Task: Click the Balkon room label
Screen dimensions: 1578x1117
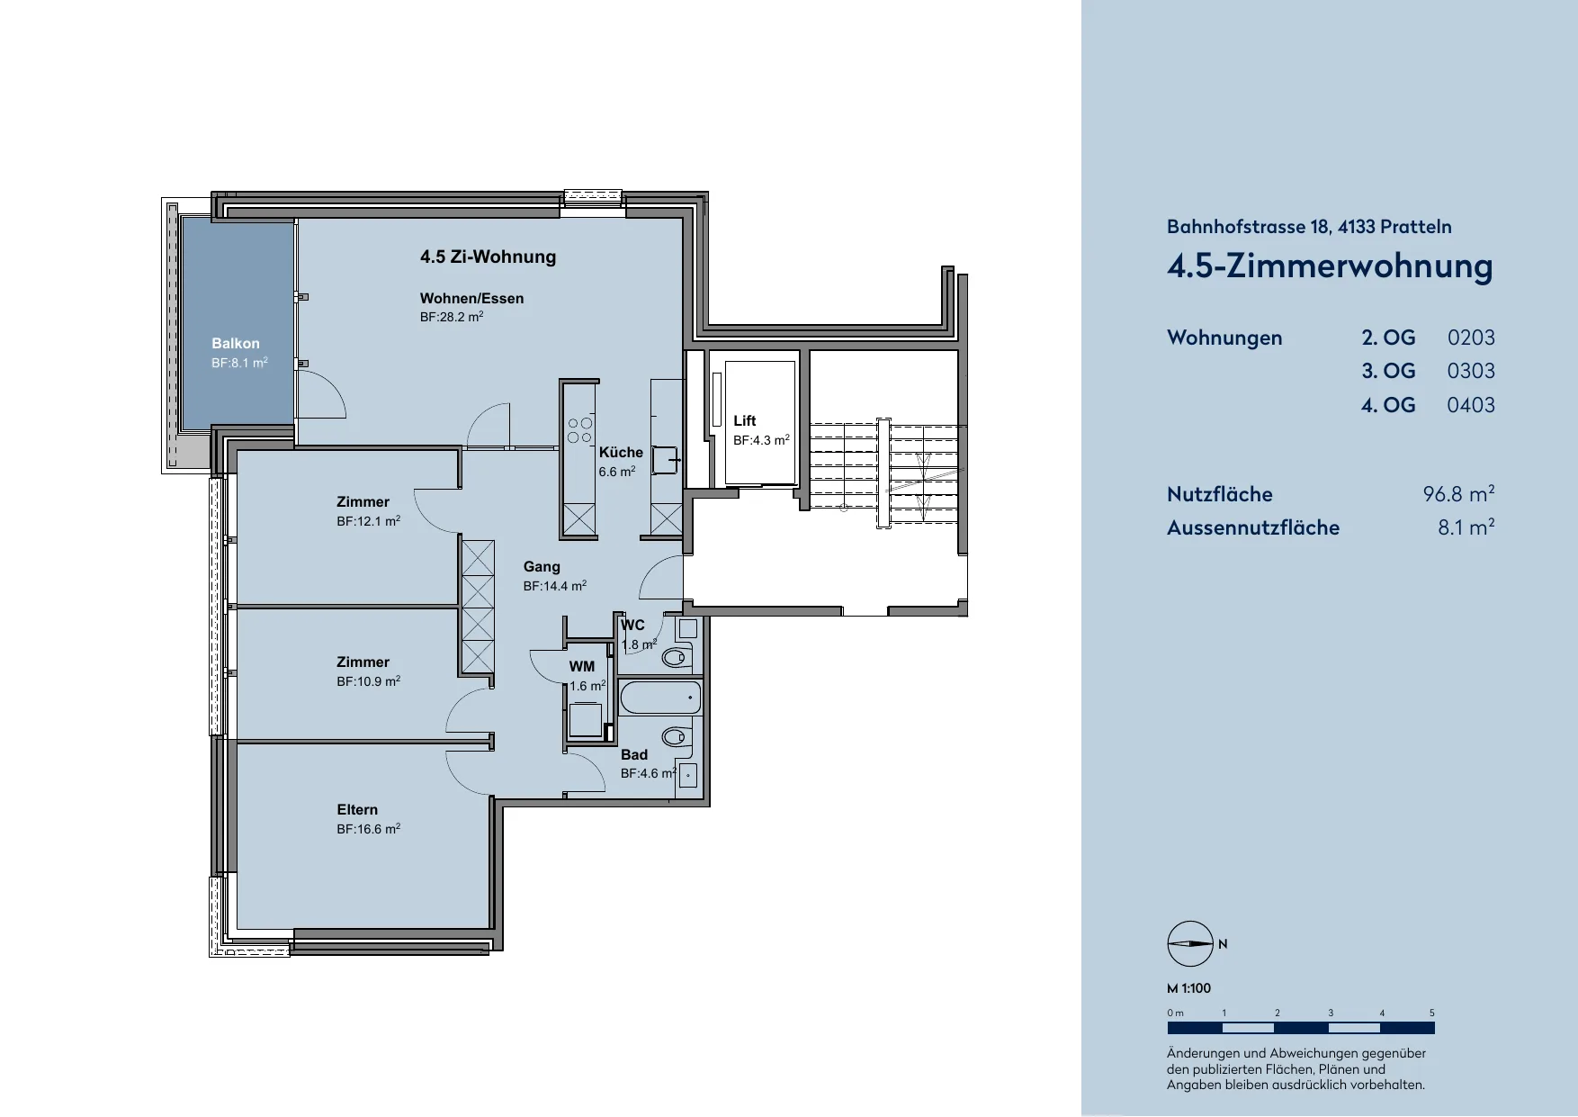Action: [x=236, y=344]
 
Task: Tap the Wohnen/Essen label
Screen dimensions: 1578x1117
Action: [x=471, y=299]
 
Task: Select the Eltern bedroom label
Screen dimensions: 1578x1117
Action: [x=357, y=810]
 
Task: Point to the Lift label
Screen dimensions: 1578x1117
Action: [x=745, y=421]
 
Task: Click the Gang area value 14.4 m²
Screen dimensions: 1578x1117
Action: [x=555, y=586]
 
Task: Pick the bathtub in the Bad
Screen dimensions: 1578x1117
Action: [x=660, y=698]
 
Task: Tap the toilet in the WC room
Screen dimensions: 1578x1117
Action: [x=676, y=658]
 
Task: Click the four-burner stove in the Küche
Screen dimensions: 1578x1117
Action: [x=580, y=430]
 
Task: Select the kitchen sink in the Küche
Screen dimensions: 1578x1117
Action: [x=667, y=460]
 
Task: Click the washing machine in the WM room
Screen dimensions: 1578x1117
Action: [x=586, y=720]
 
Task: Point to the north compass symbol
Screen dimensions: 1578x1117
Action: [x=1190, y=944]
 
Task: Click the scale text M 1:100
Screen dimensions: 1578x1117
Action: [x=1188, y=988]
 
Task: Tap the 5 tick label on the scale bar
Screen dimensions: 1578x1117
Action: [x=1432, y=1013]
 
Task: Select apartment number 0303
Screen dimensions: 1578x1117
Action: [x=1471, y=371]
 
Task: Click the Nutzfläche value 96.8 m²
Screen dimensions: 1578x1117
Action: [x=1458, y=494]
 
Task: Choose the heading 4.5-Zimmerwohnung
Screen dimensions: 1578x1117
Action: [x=1330, y=266]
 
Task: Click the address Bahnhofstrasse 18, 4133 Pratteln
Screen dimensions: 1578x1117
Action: [x=1309, y=227]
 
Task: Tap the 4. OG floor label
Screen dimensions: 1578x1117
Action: [x=1388, y=405]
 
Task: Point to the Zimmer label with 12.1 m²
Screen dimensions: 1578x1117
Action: [x=363, y=502]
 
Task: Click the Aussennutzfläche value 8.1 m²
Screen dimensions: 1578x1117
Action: [x=1466, y=527]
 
